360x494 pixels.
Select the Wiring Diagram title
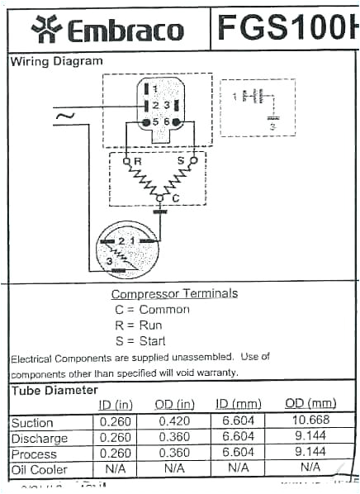point(57,62)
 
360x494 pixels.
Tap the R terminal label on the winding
point(138,159)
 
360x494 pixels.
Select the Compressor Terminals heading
point(174,293)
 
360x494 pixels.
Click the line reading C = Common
point(152,309)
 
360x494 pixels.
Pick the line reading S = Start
point(140,340)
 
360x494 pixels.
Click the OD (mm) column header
point(310,404)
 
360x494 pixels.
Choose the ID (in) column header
point(116,404)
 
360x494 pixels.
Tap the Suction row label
point(32,423)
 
